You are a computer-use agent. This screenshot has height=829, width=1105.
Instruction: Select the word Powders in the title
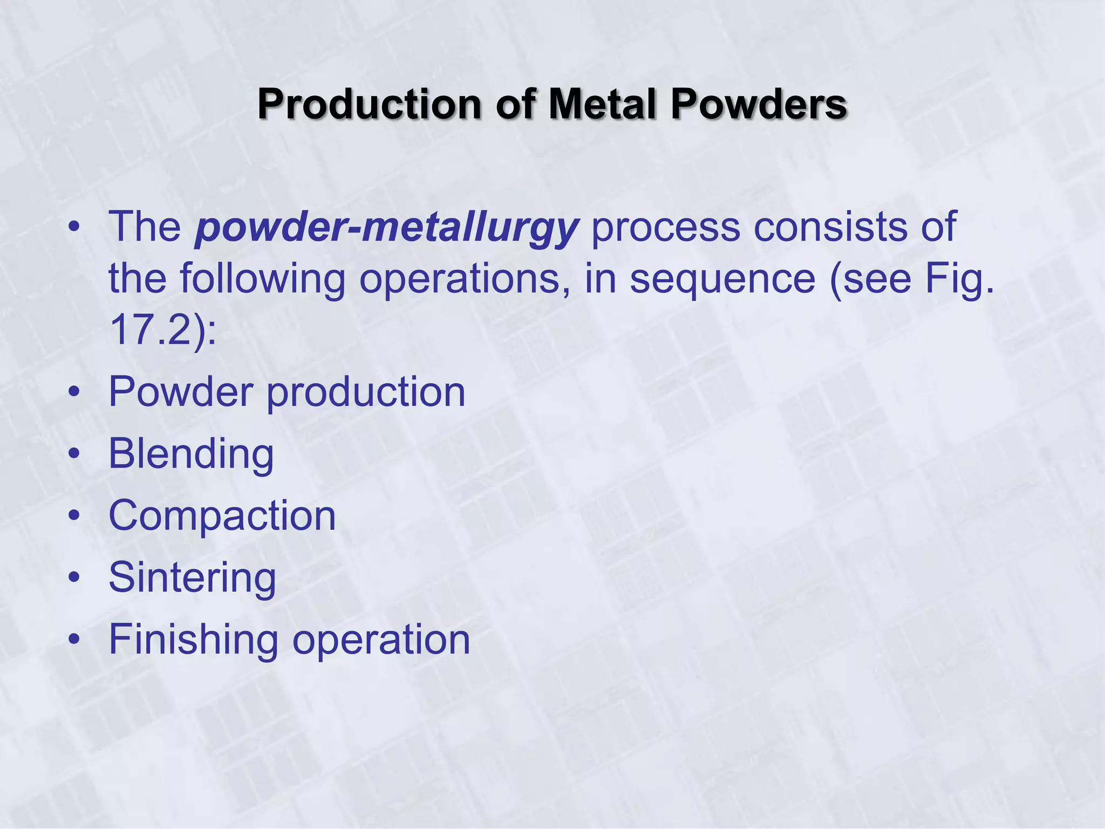click(x=759, y=104)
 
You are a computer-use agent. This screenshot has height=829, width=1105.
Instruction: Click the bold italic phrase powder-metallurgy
click(x=386, y=227)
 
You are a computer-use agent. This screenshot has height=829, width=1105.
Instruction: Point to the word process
click(x=665, y=227)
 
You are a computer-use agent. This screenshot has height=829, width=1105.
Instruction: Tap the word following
click(x=262, y=278)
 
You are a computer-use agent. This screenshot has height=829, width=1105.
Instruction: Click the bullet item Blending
click(x=191, y=454)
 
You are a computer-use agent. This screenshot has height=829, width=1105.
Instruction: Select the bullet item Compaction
click(x=222, y=516)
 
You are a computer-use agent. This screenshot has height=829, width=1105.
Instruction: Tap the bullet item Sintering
click(x=192, y=578)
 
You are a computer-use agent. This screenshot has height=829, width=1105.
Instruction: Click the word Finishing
click(x=193, y=640)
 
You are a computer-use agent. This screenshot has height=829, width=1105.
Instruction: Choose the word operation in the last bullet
click(x=381, y=640)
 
